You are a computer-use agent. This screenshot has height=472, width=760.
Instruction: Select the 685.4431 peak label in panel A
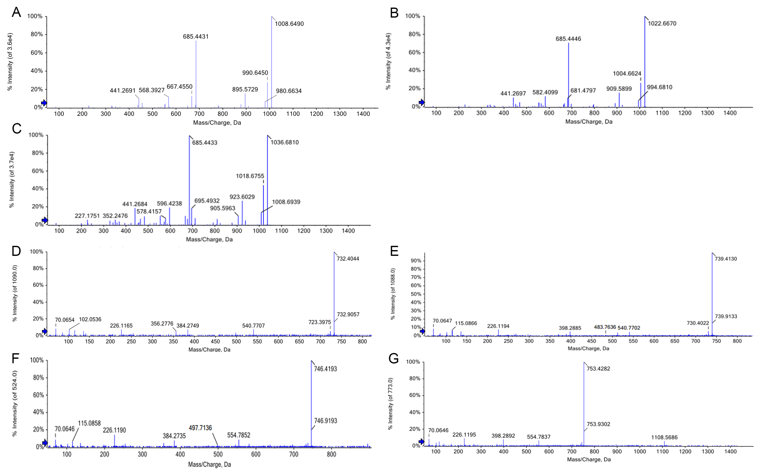(196, 36)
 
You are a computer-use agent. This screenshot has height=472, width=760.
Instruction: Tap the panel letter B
(394, 13)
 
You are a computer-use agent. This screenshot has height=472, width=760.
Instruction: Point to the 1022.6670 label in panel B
(662, 23)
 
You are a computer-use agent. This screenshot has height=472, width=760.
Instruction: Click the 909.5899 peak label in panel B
(619, 89)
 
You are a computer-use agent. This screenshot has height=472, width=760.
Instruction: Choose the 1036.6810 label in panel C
(284, 142)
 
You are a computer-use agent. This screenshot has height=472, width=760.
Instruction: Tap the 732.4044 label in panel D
(348, 259)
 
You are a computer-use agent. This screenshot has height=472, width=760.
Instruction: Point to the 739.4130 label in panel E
(726, 259)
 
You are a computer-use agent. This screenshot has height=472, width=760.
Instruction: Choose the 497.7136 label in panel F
(200, 428)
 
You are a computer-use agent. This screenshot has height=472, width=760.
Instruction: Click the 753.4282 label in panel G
(598, 369)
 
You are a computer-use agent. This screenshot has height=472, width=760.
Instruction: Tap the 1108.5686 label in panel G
(664, 437)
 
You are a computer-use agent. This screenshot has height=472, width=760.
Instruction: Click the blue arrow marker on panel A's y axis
(44, 103)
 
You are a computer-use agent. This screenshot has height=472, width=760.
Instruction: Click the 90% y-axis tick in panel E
(416, 261)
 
